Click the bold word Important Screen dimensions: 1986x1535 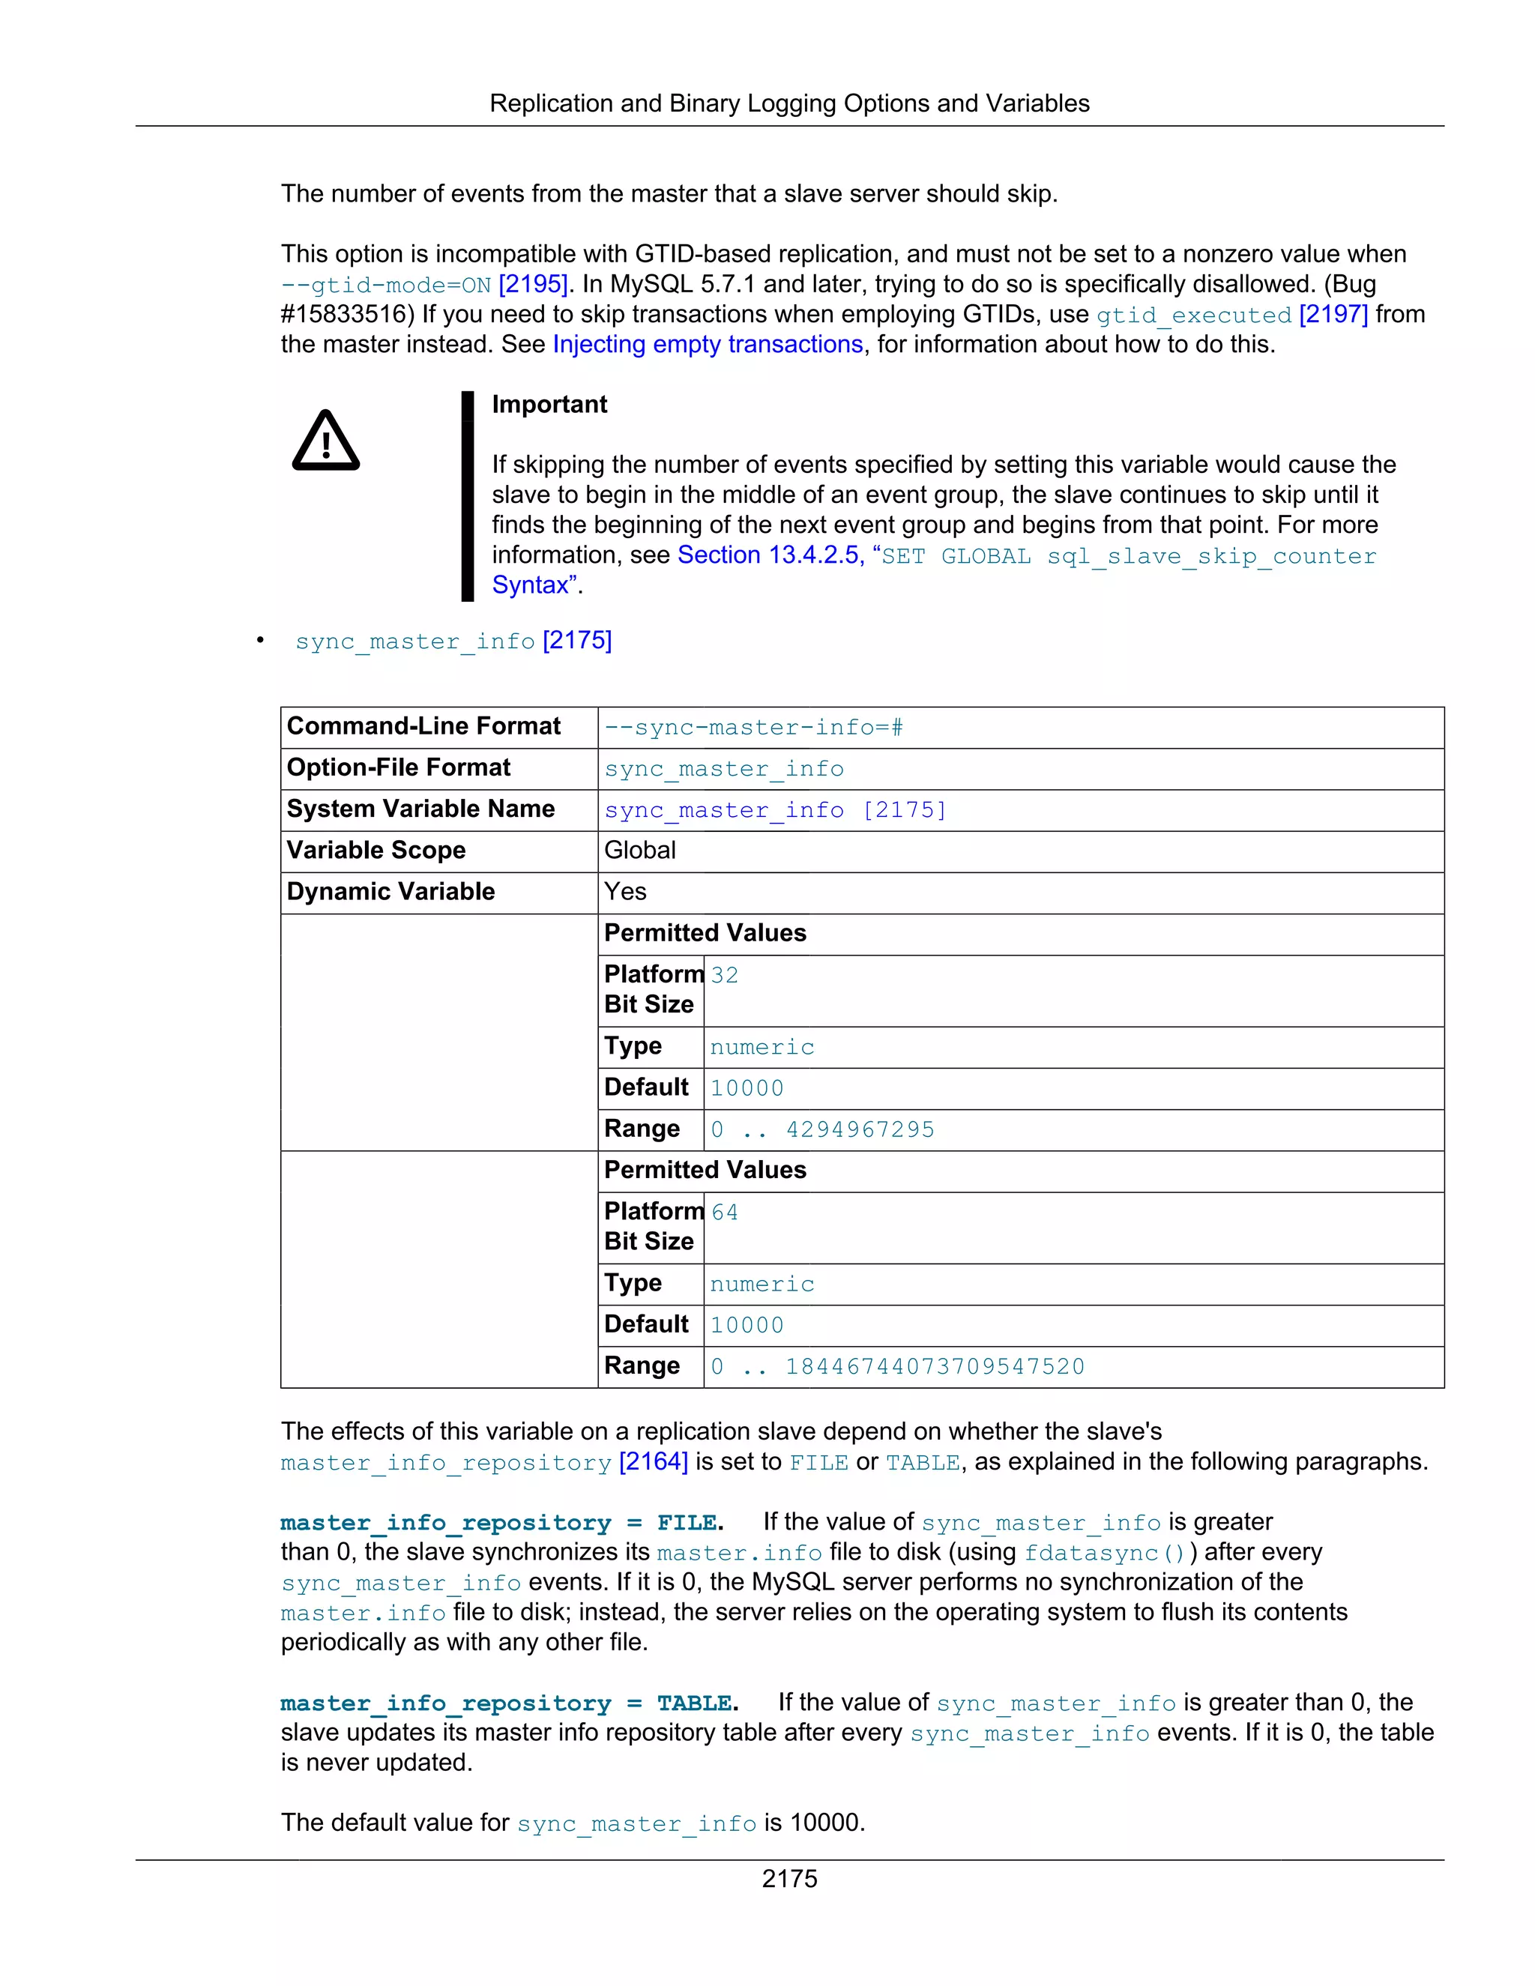pyautogui.click(x=549, y=404)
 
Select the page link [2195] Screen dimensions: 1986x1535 pyautogui.click(x=534, y=284)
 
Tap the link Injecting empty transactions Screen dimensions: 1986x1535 pyautogui.click(x=708, y=344)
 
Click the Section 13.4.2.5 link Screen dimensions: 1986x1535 pyautogui.click(x=769, y=555)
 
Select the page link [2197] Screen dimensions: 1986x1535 pyautogui.click(x=1333, y=314)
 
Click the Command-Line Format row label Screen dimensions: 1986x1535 pyautogui.click(x=423, y=725)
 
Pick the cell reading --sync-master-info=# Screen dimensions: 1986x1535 pyautogui.click(x=754, y=728)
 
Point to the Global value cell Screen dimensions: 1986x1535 pyautogui.click(x=640, y=851)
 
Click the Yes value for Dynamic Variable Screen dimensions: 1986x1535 pyautogui.click(x=626, y=891)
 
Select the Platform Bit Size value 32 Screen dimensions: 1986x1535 pyautogui.click(x=725, y=975)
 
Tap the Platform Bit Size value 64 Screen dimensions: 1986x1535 pyautogui.click(x=725, y=1212)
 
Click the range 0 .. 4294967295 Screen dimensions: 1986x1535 pyautogui.click(x=822, y=1129)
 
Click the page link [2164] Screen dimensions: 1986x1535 pyautogui.click(x=653, y=1461)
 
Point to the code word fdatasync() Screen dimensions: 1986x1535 pyautogui.click(x=1104, y=1552)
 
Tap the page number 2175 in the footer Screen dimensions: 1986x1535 pyautogui.click(x=789, y=1879)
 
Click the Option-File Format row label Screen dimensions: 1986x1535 pyautogui.click(x=398, y=767)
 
